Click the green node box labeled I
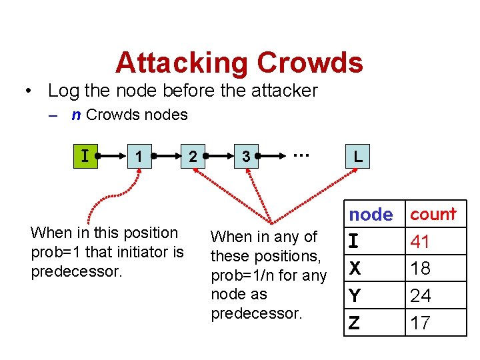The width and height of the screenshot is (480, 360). coord(85,157)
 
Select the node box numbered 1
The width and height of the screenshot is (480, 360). coord(138,157)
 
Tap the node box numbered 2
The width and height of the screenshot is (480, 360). coord(192,157)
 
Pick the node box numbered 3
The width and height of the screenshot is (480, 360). coord(246,157)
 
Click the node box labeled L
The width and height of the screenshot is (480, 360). coord(358,157)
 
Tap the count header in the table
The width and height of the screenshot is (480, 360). coord(433,214)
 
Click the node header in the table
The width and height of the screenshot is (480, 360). coord(371,215)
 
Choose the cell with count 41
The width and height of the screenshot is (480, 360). coord(420,241)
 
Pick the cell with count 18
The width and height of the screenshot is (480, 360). coord(420,269)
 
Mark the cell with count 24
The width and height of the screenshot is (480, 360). coord(420,295)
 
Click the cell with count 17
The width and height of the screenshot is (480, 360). coord(420,323)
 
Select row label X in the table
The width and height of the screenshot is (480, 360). coord(355,269)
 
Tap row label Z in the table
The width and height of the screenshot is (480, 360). coord(355,323)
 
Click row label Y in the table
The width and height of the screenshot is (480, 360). coord(355,295)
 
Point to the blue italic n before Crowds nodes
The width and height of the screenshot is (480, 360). coord(77,115)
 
